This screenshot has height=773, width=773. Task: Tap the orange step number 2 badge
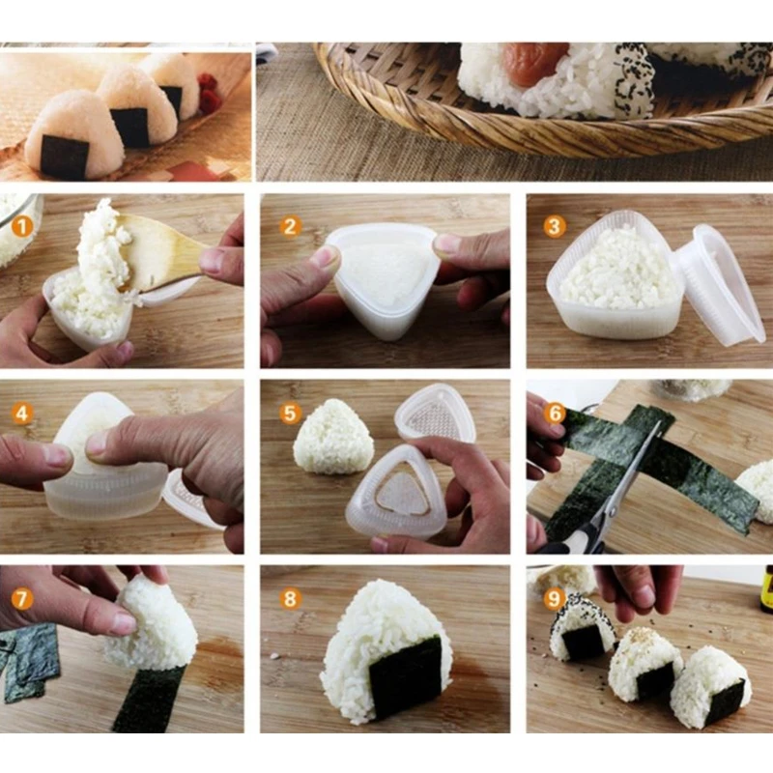(x=291, y=227)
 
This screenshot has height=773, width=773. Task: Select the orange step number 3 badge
(x=554, y=227)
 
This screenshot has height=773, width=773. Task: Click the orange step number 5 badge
(x=291, y=414)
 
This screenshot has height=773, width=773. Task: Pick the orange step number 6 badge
(x=554, y=413)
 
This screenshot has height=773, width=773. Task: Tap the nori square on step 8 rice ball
(x=406, y=676)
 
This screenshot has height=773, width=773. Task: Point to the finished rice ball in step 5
(x=333, y=437)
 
